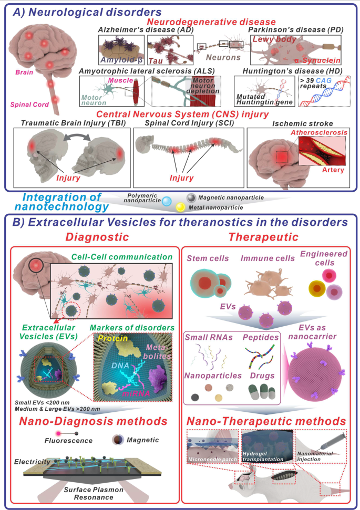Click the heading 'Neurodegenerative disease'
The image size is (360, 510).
click(211, 22)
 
